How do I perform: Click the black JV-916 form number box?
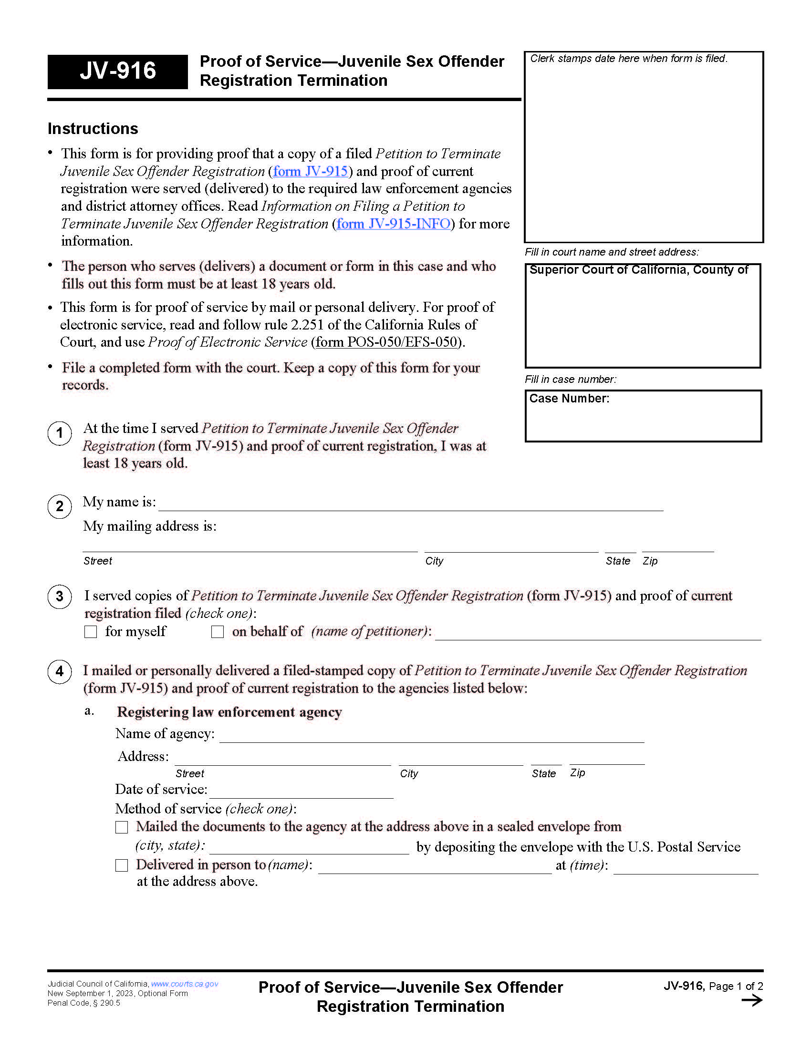117,72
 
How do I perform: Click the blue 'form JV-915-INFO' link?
393,224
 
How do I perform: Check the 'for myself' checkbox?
91,632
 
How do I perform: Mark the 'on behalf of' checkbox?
218,632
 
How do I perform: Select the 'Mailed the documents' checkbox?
122,827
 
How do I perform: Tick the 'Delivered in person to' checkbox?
122,865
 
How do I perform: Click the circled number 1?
60,433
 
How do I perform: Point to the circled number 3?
60,596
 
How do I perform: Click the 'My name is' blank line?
411,504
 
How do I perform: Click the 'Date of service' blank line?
301,792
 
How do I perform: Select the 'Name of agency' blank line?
431,736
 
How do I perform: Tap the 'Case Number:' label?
569,399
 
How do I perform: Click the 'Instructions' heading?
93,129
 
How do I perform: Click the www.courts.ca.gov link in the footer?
185,984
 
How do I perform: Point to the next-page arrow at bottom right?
752,1000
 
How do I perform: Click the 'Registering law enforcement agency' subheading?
229,712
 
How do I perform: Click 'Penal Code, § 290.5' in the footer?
83,1003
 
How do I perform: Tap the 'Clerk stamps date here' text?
628,59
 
